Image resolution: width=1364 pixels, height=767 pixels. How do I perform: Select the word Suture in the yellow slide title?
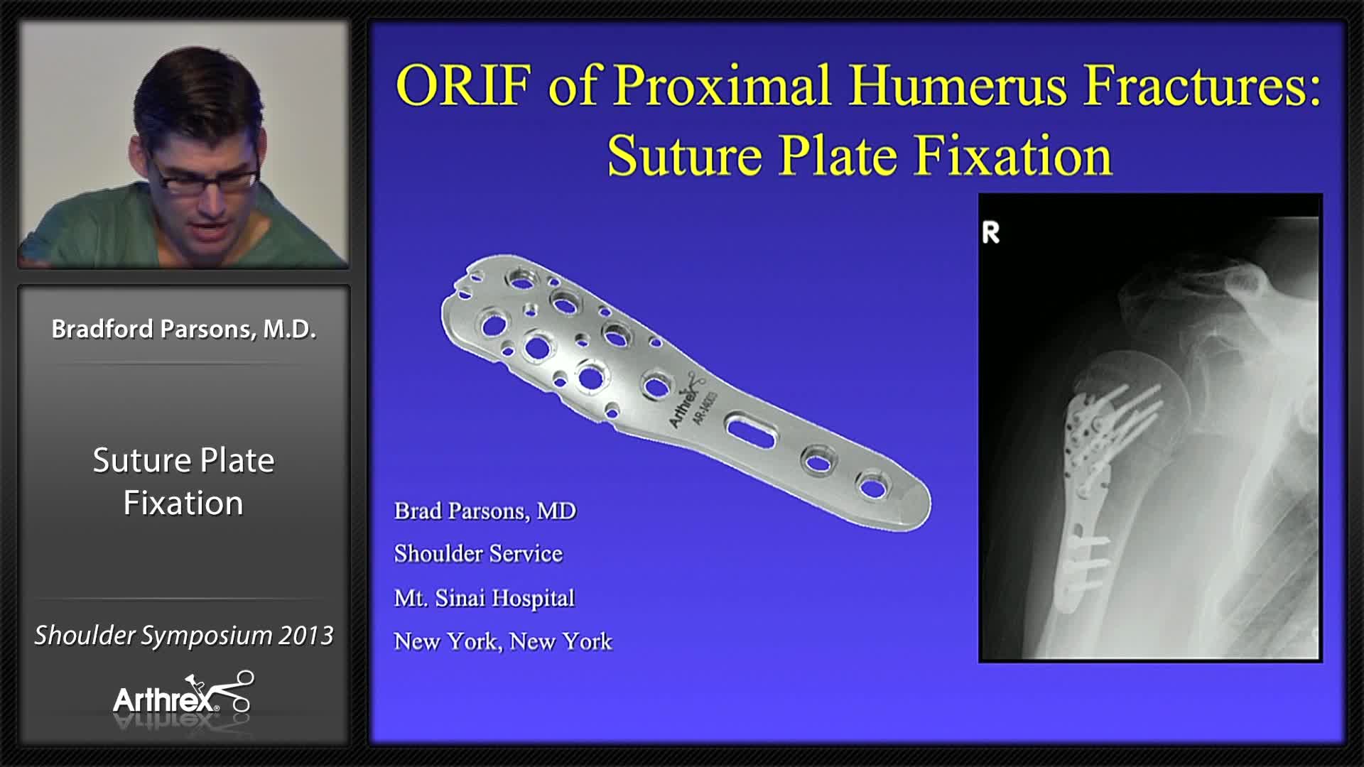tap(684, 156)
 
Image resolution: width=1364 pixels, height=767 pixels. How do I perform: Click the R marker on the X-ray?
tap(990, 232)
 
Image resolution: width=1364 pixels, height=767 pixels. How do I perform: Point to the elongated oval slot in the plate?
tap(749, 431)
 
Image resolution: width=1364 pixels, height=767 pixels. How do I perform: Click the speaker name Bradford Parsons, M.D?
tap(183, 330)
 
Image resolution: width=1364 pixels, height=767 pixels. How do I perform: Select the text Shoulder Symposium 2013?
tap(183, 636)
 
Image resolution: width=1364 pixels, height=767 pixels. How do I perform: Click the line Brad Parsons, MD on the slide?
tap(485, 511)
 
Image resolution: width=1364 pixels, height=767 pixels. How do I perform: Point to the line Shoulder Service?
tap(478, 554)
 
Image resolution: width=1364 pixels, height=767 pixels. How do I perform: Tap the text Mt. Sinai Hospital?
tap(484, 598)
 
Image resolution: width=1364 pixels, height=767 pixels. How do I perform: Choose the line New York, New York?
tap(502, 642)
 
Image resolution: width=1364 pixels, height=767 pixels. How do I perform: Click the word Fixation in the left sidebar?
tap(183, 504)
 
